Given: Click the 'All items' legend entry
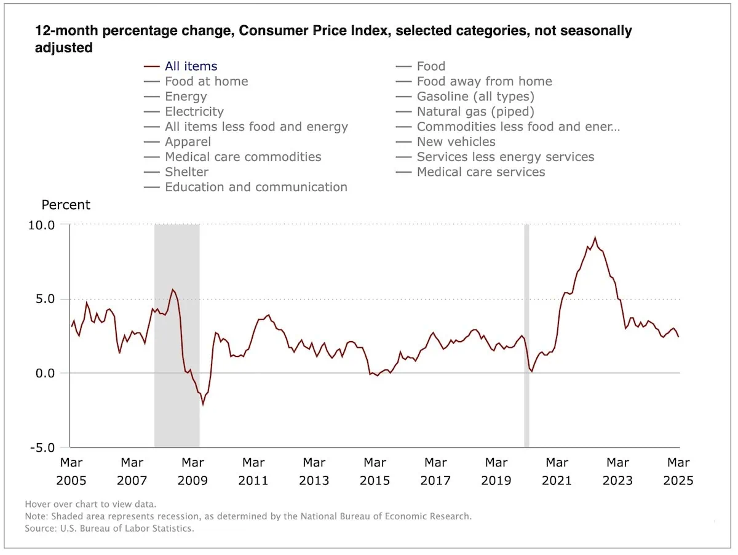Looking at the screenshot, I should (x=191, y=66).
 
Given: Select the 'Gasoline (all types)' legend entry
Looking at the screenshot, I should (x=475, y=96).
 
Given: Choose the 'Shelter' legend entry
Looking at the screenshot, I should (x=186, y=172).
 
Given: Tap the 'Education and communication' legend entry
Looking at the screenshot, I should (x=256, y=187).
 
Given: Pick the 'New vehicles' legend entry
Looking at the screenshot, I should (x=456, y=142).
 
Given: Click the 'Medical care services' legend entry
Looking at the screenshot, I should (x=480, y=172).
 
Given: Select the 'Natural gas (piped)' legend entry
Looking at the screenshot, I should (x=475, y=112).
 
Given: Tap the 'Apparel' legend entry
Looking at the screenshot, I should (x=188, y=142).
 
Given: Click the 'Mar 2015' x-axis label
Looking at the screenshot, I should (x=375, y=471).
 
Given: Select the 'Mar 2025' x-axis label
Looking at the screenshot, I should (x=678, y=471).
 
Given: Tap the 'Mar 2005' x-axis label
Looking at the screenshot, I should (x=72, y=471).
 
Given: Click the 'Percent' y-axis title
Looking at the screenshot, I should (x=66, y=205).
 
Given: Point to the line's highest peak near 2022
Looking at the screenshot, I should (x=595, y=238).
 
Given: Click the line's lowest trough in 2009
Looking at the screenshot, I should (x=203, y=404).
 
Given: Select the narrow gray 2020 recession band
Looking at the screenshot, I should (x=526, y=336).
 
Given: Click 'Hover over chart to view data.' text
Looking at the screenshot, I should (x=90, y=505).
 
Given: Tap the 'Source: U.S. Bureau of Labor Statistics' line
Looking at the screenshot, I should (x=109, y=529).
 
